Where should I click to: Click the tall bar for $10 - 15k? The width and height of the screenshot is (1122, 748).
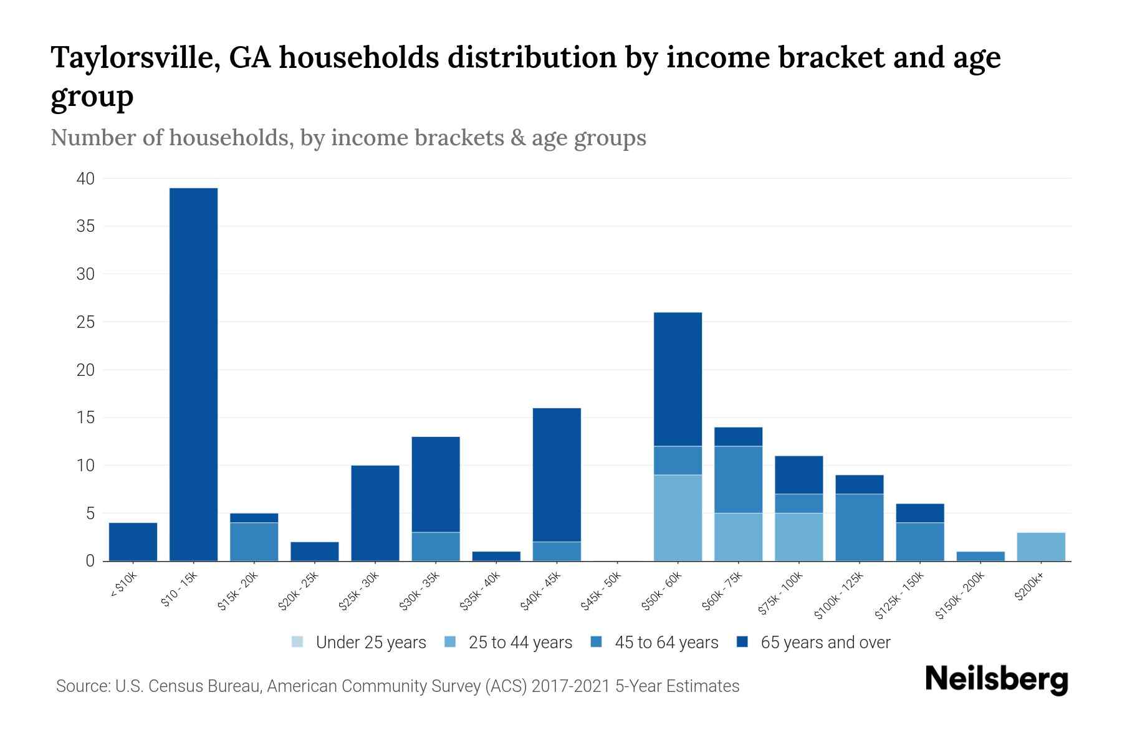click(x=193, y=374)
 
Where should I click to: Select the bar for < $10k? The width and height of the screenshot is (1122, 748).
click(x=133, y=542)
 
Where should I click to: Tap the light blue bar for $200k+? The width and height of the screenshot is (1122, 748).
click(x=1040, y=547)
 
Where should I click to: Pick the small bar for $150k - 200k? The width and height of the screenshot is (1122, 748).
click(x=980, y=556)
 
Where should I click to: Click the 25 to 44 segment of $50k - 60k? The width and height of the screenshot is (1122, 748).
click(x=678, y=518)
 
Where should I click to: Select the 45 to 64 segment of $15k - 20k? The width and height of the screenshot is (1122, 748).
click(x=254, y=542)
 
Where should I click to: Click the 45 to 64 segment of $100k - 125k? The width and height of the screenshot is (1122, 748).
click(x=859, y=527)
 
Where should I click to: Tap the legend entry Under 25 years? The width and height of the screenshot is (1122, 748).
click(x=359, y=642)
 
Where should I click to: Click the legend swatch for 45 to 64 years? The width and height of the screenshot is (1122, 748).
click(x=597, y=642)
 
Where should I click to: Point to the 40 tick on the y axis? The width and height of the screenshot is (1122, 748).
click(x=85, y=179)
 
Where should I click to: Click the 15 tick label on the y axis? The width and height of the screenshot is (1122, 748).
click(x=85, y=418)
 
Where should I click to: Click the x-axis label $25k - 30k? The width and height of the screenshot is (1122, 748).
click(x=359, y=591)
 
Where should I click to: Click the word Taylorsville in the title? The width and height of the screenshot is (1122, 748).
click(x=133, y=57)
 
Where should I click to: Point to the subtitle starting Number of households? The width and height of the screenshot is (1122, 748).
click(x=348, y=138)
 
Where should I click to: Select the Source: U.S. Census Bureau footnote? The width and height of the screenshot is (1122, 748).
click(x=397, y=686)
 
